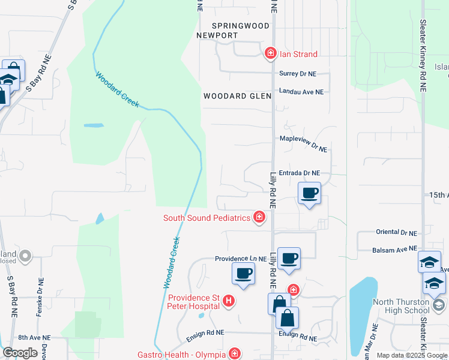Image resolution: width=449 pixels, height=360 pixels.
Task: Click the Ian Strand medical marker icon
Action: click(x=271, y=54)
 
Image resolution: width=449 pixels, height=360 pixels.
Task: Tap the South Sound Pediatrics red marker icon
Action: click(x=259, y=217)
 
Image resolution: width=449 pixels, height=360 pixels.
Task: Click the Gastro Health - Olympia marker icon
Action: click(x=234, y=354)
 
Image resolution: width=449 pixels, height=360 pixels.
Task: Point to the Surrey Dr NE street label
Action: click(x=298, y=74)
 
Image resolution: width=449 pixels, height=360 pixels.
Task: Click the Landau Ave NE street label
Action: click(x=301, y=92)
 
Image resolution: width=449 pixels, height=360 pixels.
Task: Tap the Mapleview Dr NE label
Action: click(x=304, y=139)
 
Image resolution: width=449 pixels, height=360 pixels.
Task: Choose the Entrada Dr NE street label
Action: click(x=300, y=173)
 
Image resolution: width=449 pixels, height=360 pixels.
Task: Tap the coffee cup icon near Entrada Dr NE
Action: click(x=309, y=193)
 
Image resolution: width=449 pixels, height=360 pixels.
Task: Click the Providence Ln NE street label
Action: click(x=241, y=259)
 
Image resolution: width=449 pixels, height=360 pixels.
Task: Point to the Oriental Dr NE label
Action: click(x=396, y=232)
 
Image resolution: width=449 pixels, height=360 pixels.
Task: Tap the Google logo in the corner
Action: click(x=20, y=353)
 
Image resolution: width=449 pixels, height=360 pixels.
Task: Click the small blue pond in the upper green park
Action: click(x=93, y=126)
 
